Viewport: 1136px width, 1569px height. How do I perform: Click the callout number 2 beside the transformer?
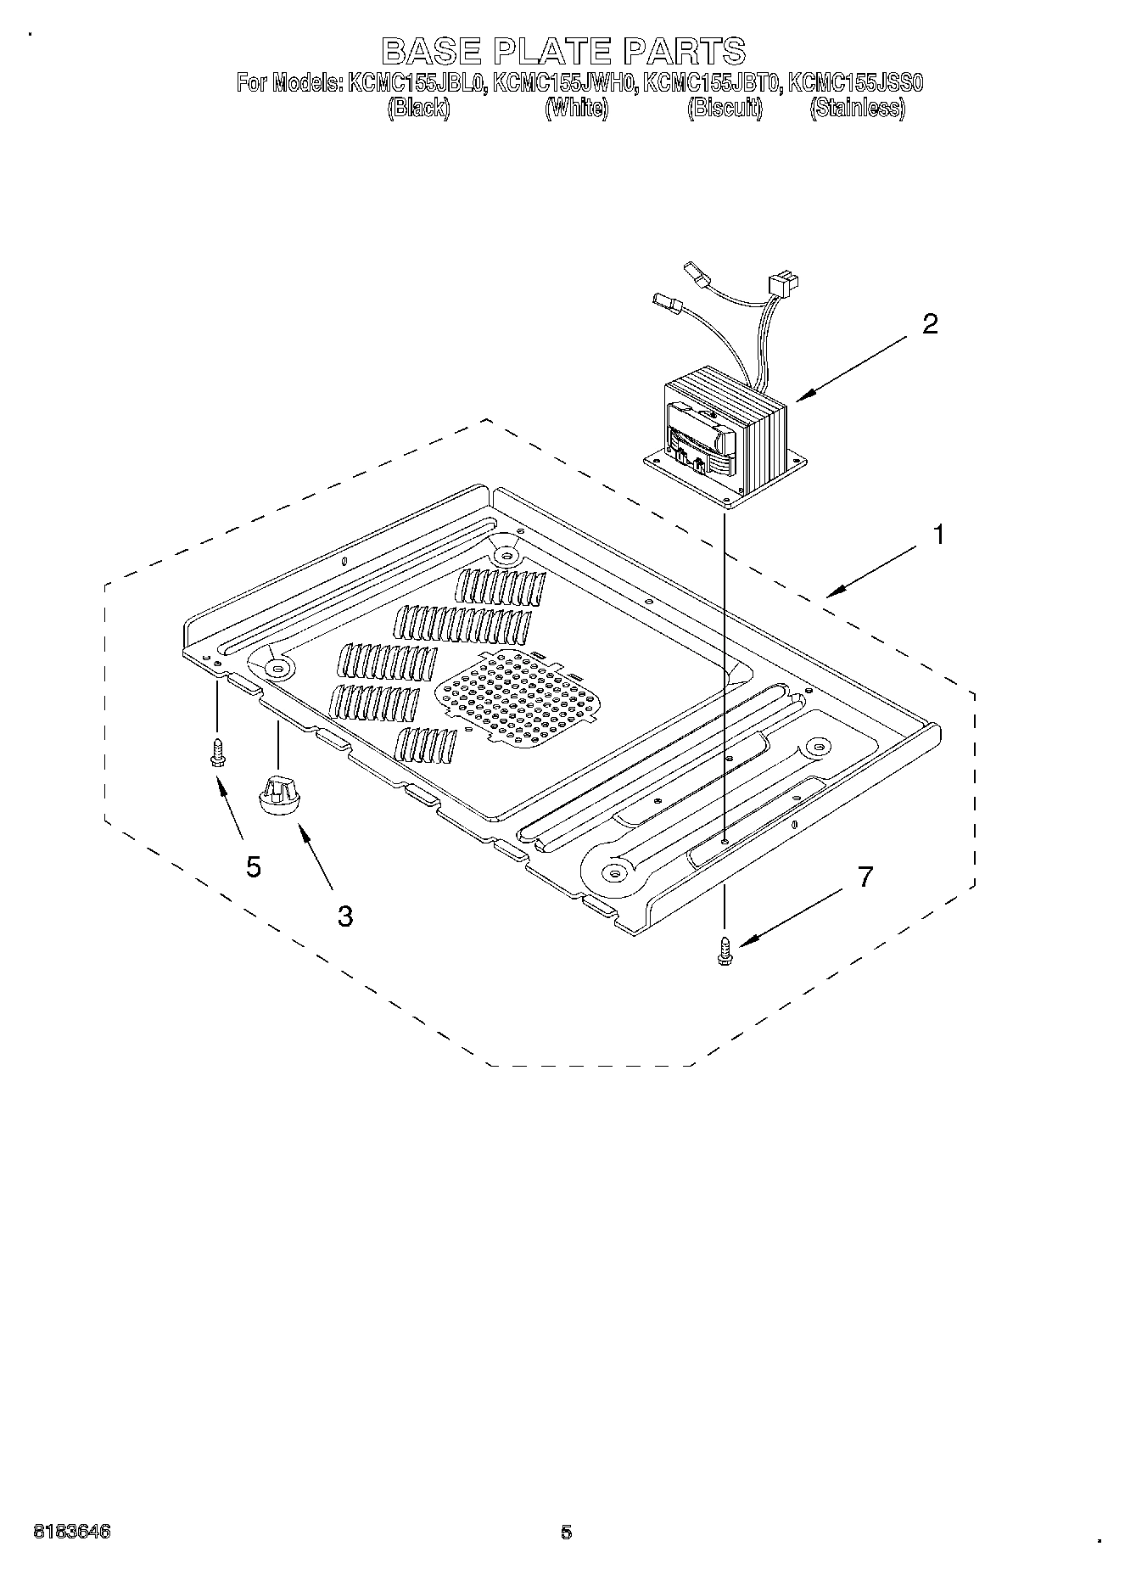931,324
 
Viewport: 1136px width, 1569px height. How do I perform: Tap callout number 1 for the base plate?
938,535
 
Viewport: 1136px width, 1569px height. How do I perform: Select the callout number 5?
254,866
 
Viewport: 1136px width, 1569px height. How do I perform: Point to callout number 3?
344,916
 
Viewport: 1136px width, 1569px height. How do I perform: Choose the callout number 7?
865,877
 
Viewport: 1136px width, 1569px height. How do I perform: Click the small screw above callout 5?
218,751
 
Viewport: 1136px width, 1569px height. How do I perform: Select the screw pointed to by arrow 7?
725,950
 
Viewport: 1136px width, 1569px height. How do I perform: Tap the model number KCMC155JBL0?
415,83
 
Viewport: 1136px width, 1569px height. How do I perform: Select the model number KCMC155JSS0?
855,83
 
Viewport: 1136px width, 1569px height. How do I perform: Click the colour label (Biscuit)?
725,108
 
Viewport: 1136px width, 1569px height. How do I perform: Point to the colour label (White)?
576,108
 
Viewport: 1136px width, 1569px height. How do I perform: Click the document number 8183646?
72,1533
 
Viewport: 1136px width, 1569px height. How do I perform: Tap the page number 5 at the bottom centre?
567,1533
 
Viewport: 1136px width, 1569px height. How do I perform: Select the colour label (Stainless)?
857,108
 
